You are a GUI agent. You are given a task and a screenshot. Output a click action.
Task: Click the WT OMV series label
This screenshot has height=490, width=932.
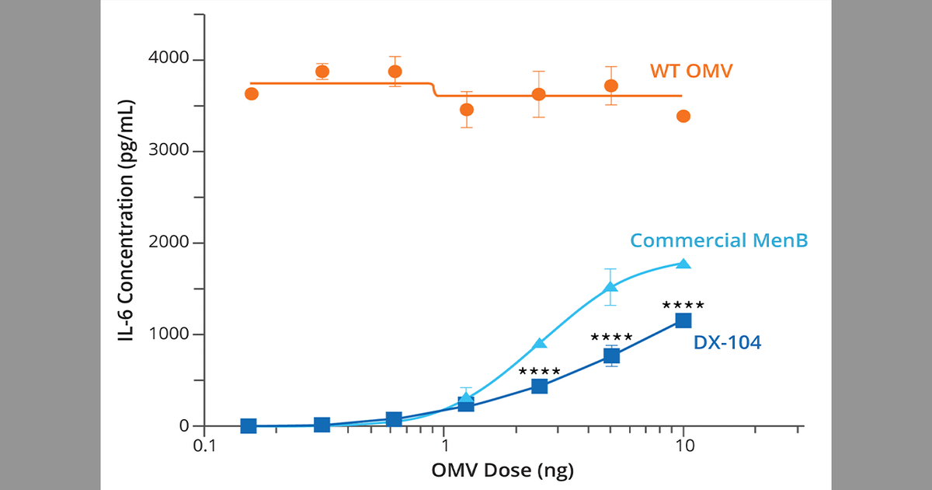click(691, 72)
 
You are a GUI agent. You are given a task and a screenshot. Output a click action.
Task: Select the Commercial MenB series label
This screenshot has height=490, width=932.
click(718, 240)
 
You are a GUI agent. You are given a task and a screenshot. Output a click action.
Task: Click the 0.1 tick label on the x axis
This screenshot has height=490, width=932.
click(203, 448)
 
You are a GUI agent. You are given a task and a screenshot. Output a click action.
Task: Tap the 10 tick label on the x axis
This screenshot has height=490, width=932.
click(683, 448)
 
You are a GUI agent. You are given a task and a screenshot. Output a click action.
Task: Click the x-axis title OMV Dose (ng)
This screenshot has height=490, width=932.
click(503, 471)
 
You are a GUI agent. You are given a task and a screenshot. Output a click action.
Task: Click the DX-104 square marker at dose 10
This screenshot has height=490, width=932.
click(683, 320)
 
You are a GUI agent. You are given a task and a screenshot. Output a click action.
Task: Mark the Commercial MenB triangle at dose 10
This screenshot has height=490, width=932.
click(683, 264)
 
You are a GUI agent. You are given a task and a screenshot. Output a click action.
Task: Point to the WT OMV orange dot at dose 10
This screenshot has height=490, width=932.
click(683, 116)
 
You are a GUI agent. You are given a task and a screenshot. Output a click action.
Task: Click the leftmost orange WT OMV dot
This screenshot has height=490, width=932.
click(252, 94)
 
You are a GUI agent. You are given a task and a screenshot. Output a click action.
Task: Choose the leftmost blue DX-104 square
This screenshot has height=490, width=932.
click(249, 425)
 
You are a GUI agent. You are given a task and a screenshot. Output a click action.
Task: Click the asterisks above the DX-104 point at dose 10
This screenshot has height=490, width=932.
click(683, 306)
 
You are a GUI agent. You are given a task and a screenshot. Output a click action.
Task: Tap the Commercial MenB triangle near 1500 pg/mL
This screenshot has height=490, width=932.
click(611, 287)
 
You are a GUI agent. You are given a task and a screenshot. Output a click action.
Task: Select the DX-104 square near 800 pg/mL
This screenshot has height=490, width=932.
click(611, 355)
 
